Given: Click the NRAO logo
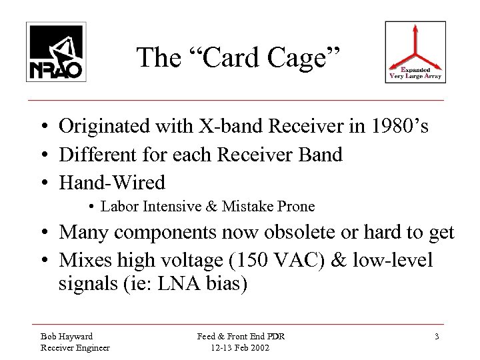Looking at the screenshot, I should click(x=54, y=51).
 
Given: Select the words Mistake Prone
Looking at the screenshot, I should click(x=270, y=206).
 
